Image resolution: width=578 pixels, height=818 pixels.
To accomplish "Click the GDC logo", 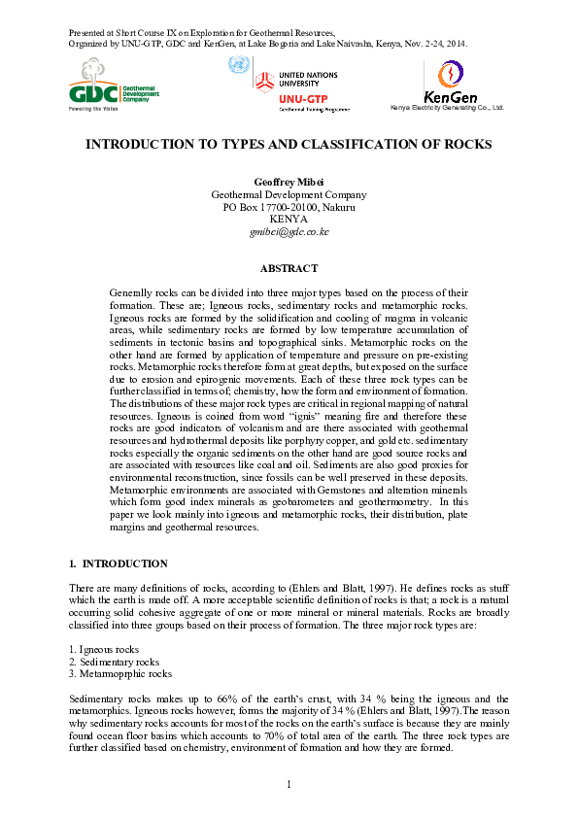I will [x=113, y=85].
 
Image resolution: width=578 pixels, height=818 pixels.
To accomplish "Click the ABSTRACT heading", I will [x=289, y=268].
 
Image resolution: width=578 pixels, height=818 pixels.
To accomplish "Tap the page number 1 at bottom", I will [x=289, y=784].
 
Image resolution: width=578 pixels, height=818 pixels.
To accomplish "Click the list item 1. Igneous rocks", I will [x=104, y=649].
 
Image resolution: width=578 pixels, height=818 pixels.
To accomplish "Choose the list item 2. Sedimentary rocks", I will [x=115, y=662].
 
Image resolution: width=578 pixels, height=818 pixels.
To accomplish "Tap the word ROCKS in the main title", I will [x=467, y=144].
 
